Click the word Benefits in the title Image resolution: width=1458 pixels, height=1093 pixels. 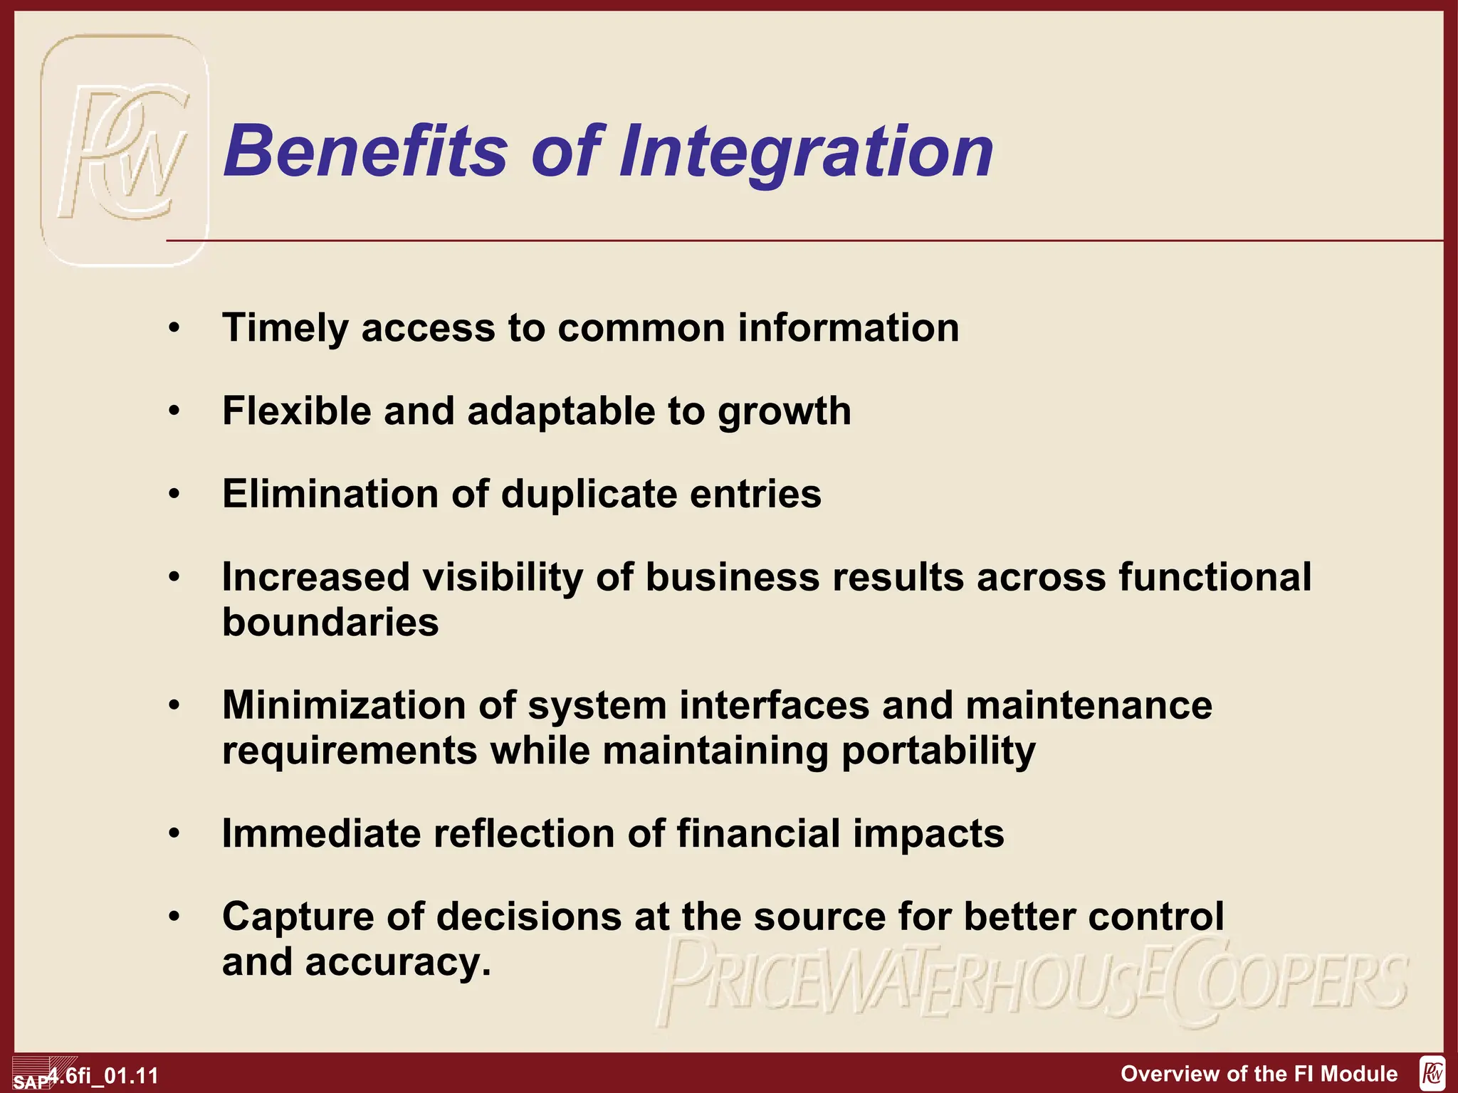tap(365, 151)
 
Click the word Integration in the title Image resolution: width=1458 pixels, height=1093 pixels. tap(806, 152)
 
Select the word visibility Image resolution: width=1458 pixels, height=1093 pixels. tap(503, 577)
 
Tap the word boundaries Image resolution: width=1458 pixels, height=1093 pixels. tap(330, 623)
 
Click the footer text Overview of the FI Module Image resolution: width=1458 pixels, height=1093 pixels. tap(1259, 1074)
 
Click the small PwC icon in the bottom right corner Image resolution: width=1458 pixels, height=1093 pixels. tap(1432, 1073)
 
